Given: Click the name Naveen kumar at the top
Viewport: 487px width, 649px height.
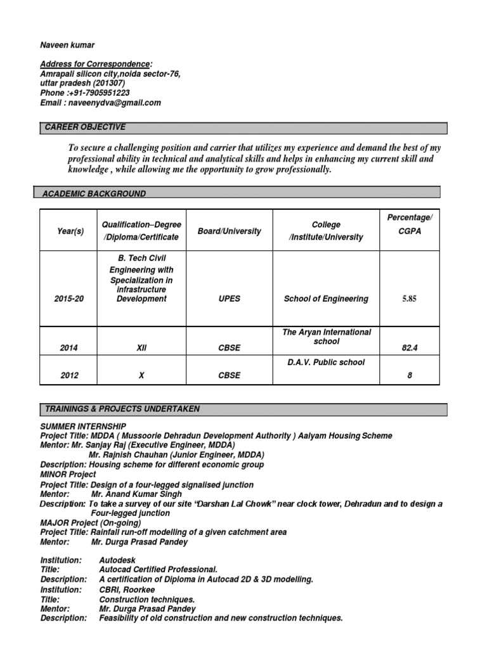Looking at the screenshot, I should (67, 45).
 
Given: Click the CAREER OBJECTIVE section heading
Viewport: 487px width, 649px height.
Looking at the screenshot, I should (85, 127).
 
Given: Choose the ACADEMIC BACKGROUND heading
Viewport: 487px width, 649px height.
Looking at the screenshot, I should (94, 193).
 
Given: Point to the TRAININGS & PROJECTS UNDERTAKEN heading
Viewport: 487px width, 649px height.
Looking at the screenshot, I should (122, 409).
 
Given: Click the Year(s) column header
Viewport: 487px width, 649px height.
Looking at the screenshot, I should (70, 231).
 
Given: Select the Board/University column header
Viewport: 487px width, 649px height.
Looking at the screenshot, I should (229, 231).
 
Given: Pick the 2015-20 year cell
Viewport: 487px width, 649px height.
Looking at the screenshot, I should (70, 299).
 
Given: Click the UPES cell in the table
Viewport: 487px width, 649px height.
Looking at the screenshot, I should (229, 299).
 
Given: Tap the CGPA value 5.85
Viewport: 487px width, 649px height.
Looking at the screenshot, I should (409, 299).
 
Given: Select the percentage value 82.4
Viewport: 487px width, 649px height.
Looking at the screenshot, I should (409, 348).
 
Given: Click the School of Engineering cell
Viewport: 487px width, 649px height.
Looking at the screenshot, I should (326, 299).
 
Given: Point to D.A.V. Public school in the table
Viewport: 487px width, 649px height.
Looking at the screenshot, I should (326, 363).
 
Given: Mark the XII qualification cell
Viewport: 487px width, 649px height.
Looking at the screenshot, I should (141, 348).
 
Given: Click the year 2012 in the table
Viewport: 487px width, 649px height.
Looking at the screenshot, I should (70, 375).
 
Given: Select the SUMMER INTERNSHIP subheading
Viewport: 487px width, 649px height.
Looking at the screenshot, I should (83, 426).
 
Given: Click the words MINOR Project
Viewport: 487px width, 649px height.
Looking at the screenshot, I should (68, 474).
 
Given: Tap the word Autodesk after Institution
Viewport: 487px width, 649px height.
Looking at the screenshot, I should (117, 560).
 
